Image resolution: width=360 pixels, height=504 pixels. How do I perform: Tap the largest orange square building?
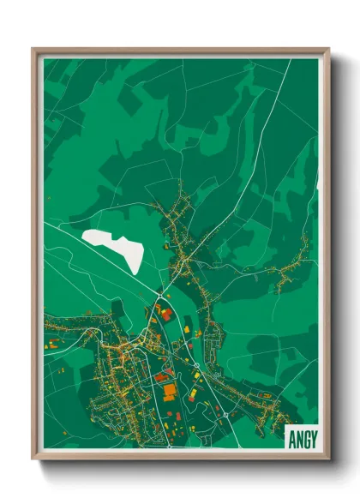point(170,391)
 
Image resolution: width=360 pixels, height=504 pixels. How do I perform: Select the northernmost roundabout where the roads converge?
point(159,297)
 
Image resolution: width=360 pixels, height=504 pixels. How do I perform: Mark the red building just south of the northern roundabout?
point(165,314)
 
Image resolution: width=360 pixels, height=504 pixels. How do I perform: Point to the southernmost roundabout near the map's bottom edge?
point(225,415)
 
